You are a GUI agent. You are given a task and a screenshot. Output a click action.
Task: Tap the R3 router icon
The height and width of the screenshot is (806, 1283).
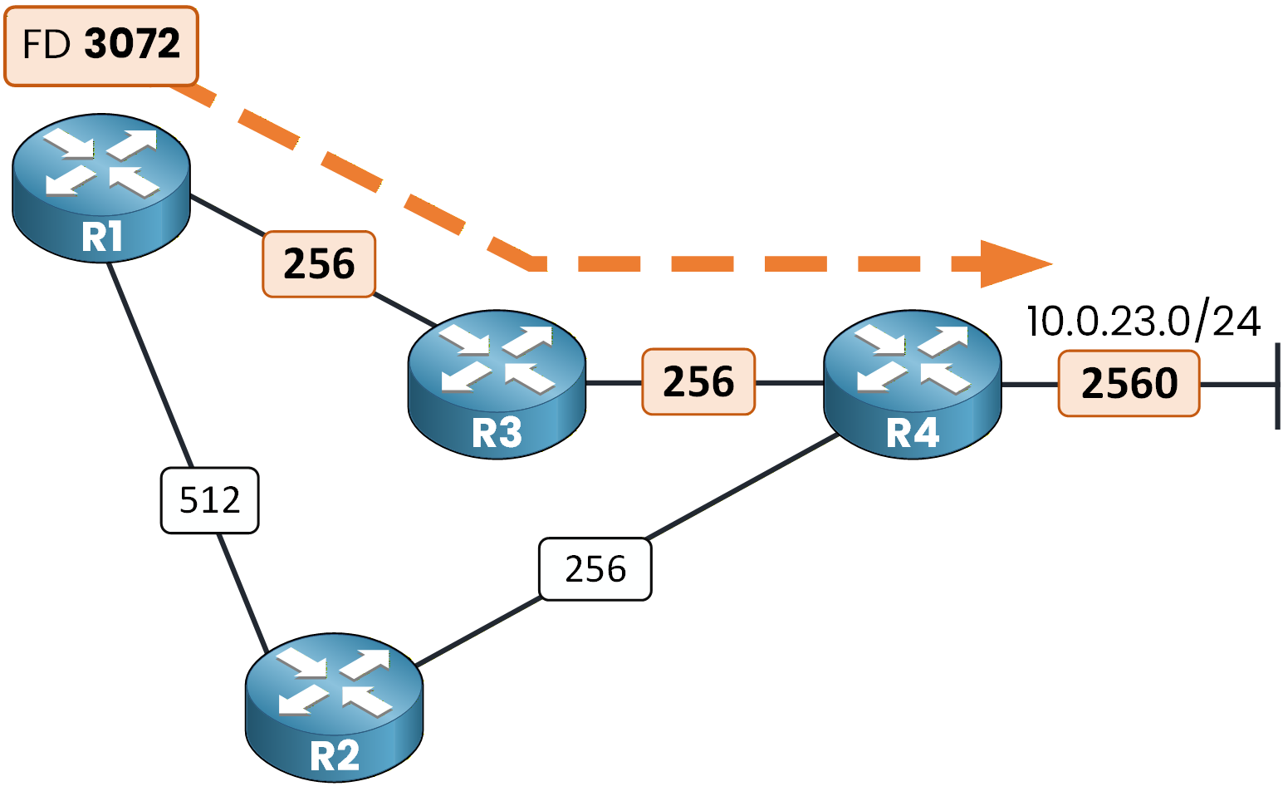coord(497,384)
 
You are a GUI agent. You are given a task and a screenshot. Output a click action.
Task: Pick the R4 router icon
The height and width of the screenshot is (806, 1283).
coord(912,384)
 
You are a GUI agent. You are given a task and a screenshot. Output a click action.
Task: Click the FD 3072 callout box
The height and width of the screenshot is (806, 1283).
coord(101,46)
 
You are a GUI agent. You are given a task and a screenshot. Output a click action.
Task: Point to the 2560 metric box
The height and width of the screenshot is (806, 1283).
coord(1129,384)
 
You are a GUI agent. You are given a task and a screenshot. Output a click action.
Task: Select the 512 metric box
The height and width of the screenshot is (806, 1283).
coord(209,500)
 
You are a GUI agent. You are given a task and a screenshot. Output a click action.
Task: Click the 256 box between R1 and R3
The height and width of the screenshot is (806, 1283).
coord(319,264)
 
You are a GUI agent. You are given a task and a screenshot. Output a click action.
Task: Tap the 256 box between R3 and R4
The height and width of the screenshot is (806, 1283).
coord(698,382)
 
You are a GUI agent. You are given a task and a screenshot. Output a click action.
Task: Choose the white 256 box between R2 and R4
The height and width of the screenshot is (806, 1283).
coord(595,569)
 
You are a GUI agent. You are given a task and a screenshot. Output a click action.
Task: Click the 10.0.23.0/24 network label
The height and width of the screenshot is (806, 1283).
coord(1143,322)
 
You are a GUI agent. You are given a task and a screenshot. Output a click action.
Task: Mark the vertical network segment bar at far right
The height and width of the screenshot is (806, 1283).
coord(1277,386)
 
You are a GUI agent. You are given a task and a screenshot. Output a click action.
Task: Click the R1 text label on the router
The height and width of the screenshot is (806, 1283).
coord(101,237)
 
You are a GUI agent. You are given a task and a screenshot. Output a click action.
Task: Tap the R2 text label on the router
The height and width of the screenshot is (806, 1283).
coord(334,756)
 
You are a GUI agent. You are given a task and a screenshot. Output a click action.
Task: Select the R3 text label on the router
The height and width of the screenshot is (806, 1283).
coord(497,433)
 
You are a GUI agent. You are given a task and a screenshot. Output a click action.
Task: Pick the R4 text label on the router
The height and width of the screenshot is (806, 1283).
coord(912,433)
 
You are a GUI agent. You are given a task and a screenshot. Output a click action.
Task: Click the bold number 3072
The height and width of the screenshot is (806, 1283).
coord(132,44)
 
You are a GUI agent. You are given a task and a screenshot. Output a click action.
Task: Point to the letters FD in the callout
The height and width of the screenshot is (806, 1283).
coord(47,45)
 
